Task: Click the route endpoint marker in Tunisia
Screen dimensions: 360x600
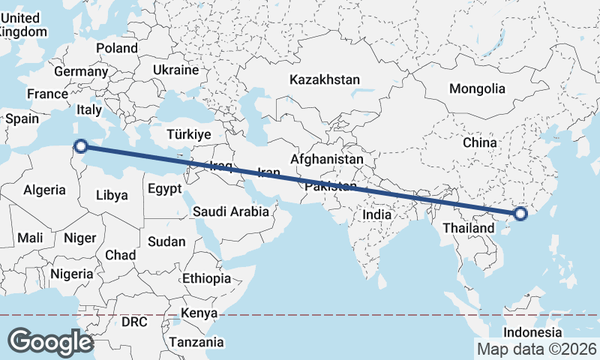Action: [x=81, y=146]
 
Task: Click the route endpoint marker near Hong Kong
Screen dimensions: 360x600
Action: [x=520, y=215]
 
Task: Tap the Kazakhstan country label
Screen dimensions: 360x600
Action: [x=325, y=79]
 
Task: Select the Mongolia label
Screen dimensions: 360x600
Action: [x=477, y=88]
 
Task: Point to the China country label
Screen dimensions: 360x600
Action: [x=480, y=142]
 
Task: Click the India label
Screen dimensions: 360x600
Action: [x=377, y=214]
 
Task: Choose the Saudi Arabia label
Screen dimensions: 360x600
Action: [x=231, y=211]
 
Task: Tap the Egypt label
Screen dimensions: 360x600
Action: [x=164, y=189]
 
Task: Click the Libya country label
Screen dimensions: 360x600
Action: [x=112, y=195]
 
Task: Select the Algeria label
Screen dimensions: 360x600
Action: [x=44, y=190]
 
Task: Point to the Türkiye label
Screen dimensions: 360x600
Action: [x=189, y=135]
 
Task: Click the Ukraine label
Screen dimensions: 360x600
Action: [x=175, y=70]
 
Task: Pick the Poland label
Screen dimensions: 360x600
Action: [x=117, y=48]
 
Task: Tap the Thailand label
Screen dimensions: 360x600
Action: [x=469, y=228]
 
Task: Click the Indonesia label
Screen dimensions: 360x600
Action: [x=532, y=332]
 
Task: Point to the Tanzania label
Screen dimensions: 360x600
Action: [x=196, y=342]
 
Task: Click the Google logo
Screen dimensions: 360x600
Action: [x=50, y=341]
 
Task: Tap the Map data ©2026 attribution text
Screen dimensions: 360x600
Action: [x=536, y=349]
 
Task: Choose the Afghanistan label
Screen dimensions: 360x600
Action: [x=327, y=160]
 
